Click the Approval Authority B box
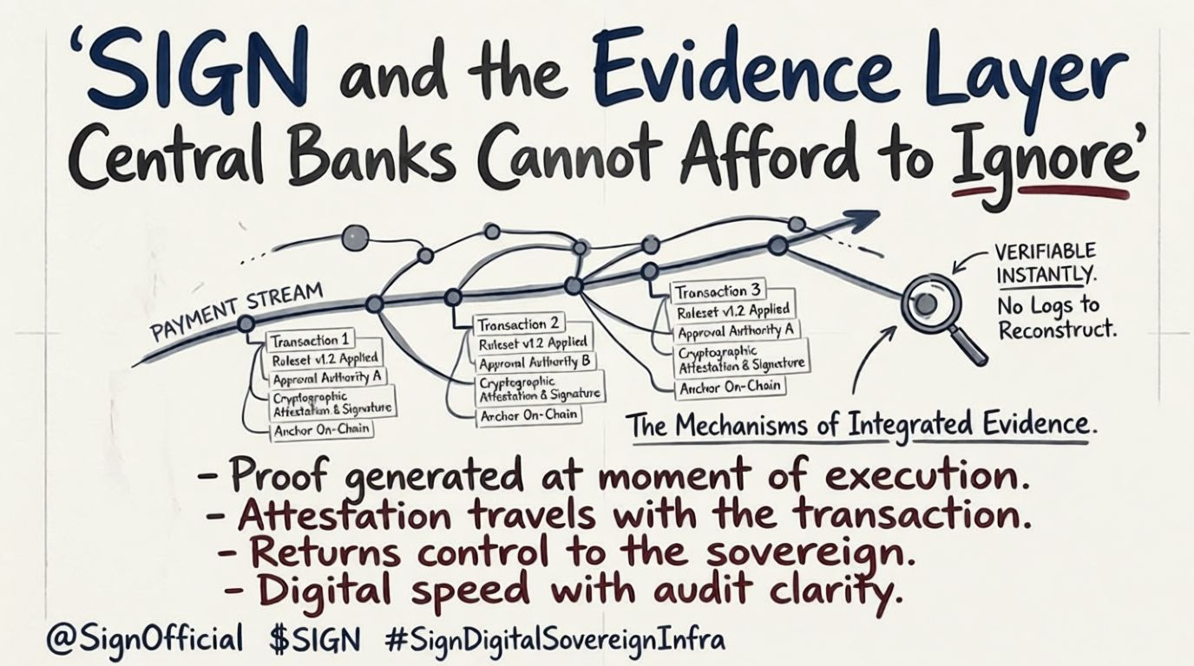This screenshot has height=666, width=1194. pyautogui.click(x=535, y=362)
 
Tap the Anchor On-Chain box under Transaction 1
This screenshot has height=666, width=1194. pyautogui.click(x=322, y=429)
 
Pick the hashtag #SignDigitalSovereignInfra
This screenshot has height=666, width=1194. pyautogui.click(x=554, y=640)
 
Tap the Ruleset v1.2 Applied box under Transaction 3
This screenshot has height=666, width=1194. pyautogui.click(x=733, y=310)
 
